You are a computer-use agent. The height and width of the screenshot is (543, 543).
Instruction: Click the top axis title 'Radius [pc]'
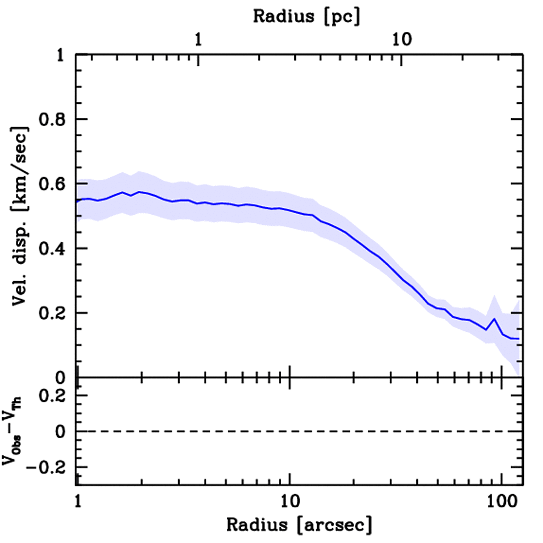306,16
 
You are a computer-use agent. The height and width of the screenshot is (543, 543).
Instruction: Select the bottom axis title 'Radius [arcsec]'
300,525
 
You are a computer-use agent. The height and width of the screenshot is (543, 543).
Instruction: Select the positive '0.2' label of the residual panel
54,396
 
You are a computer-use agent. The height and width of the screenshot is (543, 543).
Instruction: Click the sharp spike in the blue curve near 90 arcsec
494,319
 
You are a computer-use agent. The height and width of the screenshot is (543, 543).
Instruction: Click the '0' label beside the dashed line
63,432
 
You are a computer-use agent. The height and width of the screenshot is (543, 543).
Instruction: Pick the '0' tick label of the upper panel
63,378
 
